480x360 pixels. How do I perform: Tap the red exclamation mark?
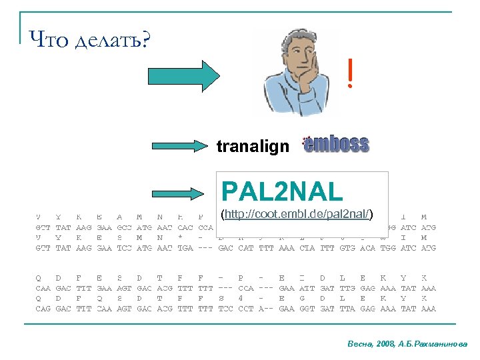pyautogui.click(x=350, y=75)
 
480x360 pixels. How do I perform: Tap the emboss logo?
pyautogui.click(x=335, y=145)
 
